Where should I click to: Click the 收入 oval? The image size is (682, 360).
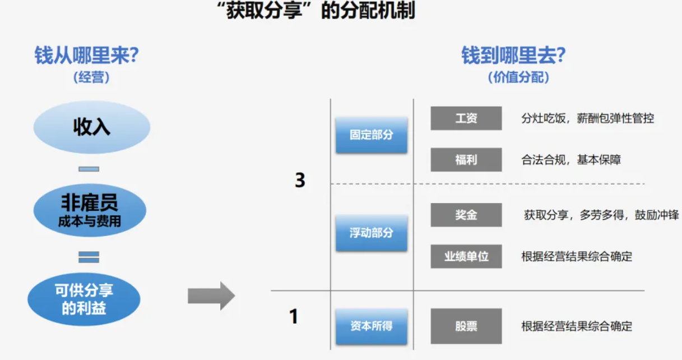point(92,127)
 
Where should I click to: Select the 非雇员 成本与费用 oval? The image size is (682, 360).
point(90,210)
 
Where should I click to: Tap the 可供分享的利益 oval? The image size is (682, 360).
point(84,299)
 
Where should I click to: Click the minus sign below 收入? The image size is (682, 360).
point(89,169)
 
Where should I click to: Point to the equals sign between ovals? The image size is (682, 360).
point(89,257)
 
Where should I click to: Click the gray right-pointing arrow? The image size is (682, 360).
point(211,296)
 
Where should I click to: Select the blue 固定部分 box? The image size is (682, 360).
point(372,135)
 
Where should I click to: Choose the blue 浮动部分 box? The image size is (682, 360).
point(372,233)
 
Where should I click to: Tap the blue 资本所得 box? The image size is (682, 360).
point(372,326)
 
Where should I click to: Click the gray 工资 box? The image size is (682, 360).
point(466,118)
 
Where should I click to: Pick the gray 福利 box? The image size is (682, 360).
point(466,160)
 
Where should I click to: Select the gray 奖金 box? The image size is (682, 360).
point(466,215)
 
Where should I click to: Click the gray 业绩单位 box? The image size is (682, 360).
point(466,256)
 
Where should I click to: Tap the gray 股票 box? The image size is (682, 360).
point(466,326)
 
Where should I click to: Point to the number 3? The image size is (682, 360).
point(300,180)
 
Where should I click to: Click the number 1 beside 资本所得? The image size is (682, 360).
point(294,316)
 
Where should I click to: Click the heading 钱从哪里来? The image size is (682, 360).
point(87,56)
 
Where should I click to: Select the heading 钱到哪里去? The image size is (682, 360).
point(514,56)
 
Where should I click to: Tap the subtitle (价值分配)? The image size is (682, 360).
point(518,77)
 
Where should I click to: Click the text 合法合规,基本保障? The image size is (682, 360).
point(571,160)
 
